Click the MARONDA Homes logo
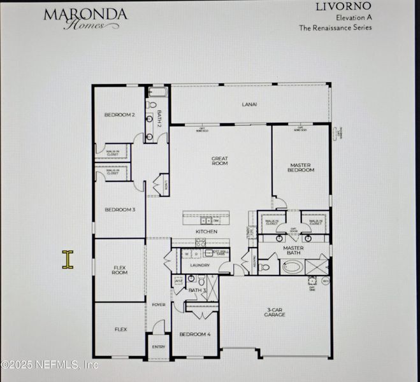(85, 18)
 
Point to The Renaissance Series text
(336, 27)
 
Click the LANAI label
(249, 104)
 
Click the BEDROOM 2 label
(120, 115)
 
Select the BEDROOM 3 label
(120, 209)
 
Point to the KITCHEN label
(206, 232)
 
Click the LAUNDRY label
(200, 265)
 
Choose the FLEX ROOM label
(120, 269)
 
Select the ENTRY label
(158, 347)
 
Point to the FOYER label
(158, 305)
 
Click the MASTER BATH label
(293, 250)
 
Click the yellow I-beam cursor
(68, 259)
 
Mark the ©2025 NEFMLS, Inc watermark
(50, 365)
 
